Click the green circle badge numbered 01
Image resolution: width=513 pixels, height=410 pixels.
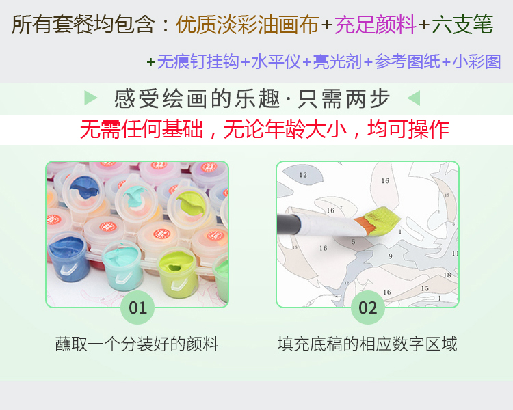[137, 307]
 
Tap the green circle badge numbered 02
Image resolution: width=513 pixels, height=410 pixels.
[368, 307]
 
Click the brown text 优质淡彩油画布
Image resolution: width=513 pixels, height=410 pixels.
[248, 25]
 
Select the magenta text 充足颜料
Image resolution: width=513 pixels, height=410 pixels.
[376, 25]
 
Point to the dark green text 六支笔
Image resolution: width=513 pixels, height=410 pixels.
[462, 25]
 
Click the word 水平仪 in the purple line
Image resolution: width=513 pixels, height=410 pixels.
[276, 61]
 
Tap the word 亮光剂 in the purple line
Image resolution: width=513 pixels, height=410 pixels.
[337, 61]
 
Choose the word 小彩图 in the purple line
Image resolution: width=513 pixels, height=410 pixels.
[476, 61]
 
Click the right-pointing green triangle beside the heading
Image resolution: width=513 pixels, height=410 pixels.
[90, 98]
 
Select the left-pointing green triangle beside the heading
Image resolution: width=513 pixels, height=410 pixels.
[414, 98]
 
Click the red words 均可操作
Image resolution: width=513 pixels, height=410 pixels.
[408, 129]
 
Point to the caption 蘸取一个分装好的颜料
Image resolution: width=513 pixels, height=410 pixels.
[137, 344]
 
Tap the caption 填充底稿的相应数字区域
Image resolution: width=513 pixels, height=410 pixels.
[367, 344]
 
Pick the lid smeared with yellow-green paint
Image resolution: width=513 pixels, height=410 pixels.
[189, 206]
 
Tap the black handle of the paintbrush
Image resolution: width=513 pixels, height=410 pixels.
[289, 224]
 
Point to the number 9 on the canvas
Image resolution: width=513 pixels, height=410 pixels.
[391, 256]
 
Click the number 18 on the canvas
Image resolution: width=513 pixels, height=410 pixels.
[447, 275]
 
